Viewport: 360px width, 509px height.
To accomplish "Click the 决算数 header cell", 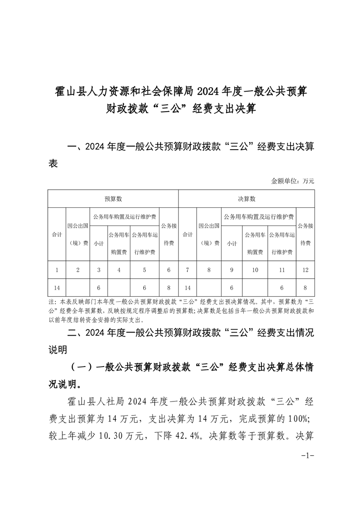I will click(x=247, y=199).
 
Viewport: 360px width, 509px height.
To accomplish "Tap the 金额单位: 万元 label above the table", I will click(x=292, y=181).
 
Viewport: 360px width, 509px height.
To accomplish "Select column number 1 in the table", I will click(x=57, y=270).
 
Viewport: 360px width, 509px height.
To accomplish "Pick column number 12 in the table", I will click(x=305, y=270).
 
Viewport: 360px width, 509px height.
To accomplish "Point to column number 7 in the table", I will click(x=187, y=270).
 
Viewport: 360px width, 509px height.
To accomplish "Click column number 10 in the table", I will click(x=255, y=270).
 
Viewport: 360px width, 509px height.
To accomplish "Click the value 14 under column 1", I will click(x=57, y=288).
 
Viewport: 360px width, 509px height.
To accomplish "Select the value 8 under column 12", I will click(x=305, y=288).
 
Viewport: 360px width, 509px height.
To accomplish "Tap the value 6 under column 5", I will click(x=144, y=288).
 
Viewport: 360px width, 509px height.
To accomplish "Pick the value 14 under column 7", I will click(x=187, y=288).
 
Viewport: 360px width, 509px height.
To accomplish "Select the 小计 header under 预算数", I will click(x=99, y=243).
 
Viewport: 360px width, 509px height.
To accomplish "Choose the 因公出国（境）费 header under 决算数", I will click(x=209, y=234).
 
